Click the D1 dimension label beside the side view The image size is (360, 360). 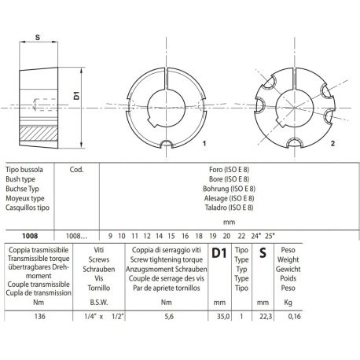coord(77,96)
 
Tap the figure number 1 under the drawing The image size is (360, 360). coord(204,145)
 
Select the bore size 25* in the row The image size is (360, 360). coord(270,235)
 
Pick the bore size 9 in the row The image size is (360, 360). coord(110,235)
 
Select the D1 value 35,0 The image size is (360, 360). coord(222,317)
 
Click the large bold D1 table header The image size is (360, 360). coord(221,253)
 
